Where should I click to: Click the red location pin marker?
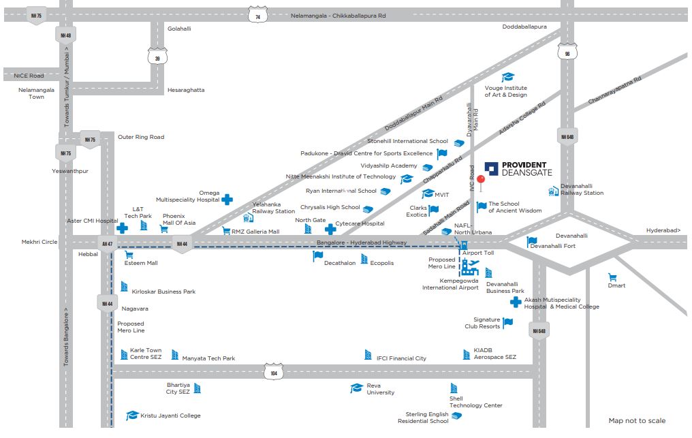pos(480,181)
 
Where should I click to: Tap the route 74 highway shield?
pos(257,15)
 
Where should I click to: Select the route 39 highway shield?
pos(157,57)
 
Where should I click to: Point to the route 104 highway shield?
pos(274,373)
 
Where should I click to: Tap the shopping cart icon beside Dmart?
pos(612,278)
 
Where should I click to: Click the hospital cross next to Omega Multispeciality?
pos(227,199)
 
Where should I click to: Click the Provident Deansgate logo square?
pos(491,168)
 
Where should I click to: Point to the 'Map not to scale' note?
pos(637,420)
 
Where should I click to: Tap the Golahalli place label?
pos(179,29)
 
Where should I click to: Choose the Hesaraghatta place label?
pos(185,90)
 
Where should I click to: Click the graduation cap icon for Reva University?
pos(356,388)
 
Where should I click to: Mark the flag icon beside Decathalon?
pos(317,256)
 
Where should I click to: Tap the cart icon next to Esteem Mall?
pos(129,255)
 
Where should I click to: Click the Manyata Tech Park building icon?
pos(175,355)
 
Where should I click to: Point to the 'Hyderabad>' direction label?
pos(663,230)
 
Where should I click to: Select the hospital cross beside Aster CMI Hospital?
pos(122,228)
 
